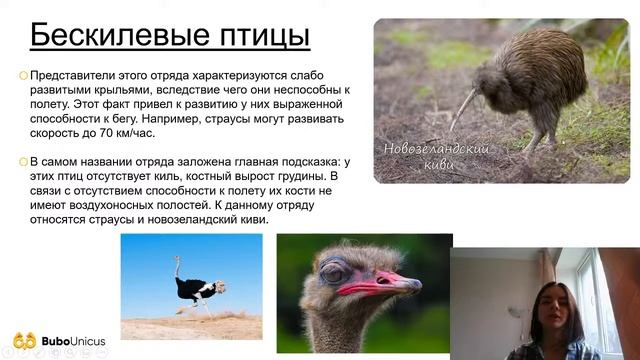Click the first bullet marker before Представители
click(x=24, y=76)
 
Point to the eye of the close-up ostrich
click(x=333, y=271)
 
